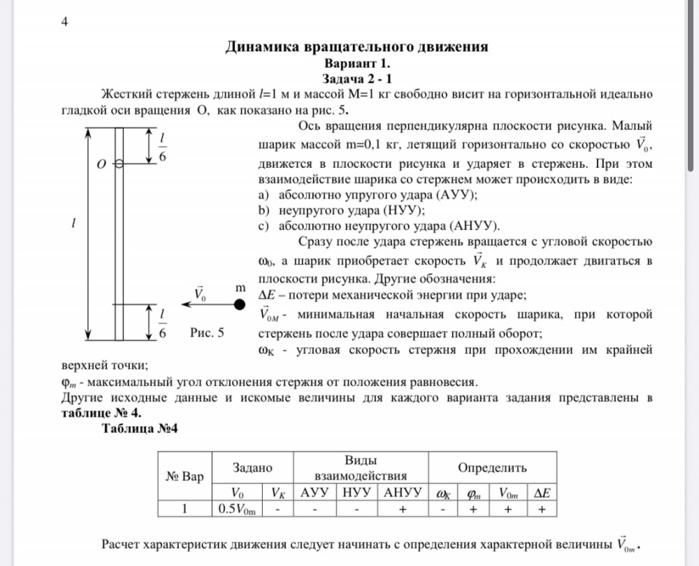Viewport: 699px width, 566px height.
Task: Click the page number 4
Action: click(64, 21)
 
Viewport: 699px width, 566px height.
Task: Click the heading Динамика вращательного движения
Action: click(356, 47)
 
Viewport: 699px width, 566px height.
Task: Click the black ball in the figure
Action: click(240, 304)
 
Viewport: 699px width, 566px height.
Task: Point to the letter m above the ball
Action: click(240, 288)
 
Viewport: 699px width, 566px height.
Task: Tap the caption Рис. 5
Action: click(207, 333)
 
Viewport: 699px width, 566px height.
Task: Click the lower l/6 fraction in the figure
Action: click(162, 323)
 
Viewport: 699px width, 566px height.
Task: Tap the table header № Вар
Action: click(185, 477)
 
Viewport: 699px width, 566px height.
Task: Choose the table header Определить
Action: click(492, 467)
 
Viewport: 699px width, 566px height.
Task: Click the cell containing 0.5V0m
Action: click(238, 509)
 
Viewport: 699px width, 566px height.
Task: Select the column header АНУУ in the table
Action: click(403, 492)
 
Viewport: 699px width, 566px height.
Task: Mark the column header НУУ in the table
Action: click(356, 492)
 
